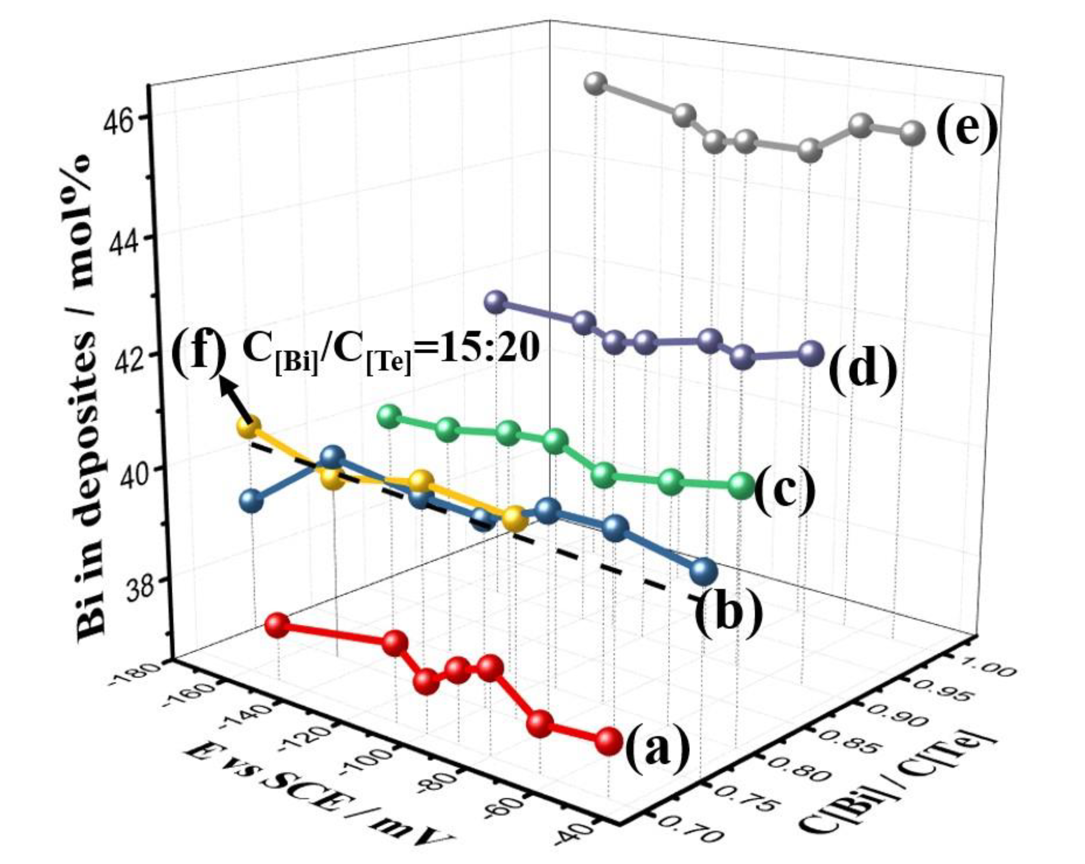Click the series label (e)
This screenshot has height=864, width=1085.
966,129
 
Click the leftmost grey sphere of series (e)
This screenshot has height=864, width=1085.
595,84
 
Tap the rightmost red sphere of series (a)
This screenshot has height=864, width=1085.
609,741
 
